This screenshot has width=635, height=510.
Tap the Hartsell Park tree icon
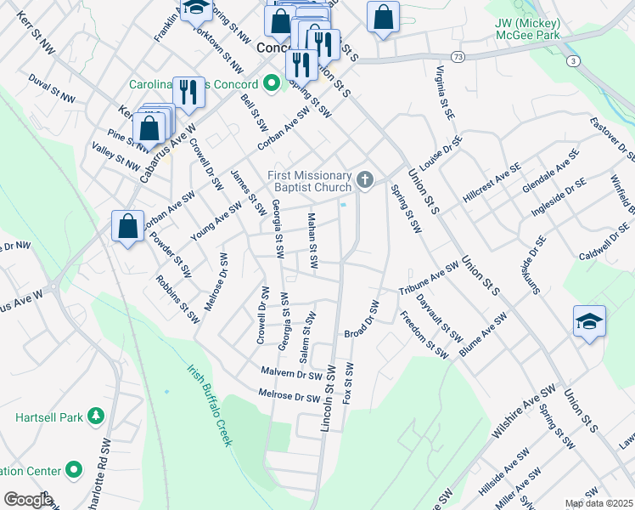pos(96,416)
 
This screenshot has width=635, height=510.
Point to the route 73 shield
pos(458,56)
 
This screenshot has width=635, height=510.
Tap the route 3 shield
pos(575,61)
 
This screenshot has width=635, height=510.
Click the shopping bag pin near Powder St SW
pos(127,227)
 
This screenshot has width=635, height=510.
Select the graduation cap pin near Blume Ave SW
pos(589,321)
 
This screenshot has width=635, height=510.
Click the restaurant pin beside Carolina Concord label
pos(188,92)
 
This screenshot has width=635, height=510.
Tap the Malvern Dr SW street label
pos(292,373)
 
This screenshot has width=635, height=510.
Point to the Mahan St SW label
pos(312,241)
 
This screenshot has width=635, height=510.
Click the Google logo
pos(27,500)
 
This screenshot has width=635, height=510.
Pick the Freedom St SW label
pos(424,336)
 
